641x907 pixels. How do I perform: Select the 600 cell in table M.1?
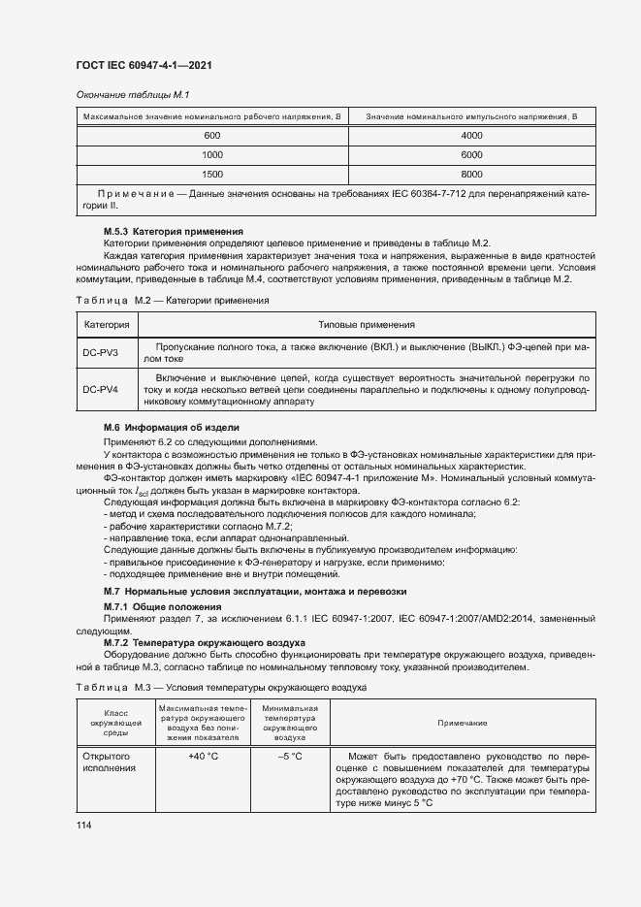[211, 136]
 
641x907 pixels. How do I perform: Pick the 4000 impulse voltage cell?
[471, 136]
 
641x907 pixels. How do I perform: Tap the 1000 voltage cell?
[211, 155]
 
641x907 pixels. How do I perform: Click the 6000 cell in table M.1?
[471, 155]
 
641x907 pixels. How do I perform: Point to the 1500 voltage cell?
[211, 175]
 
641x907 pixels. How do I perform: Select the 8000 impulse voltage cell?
[471, 175]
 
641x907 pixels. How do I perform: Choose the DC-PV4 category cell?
[100, 390]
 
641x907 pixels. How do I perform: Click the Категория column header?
[100, 325]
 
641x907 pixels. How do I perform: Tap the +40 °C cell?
[204, 756]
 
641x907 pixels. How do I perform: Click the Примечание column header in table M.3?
[462, 724]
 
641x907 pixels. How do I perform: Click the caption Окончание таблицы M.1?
[132, 94]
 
